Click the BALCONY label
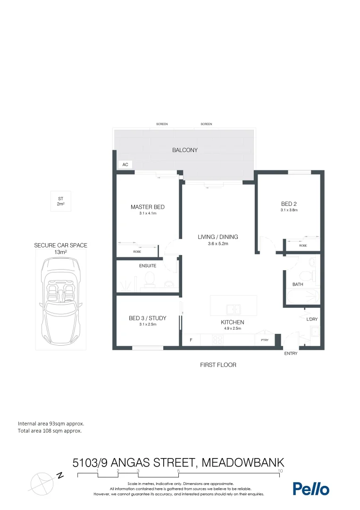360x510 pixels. [184, 150]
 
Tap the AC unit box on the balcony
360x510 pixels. [125, 165]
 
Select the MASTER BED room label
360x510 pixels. [147, 207]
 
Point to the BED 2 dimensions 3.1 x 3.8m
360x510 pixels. [289, 210]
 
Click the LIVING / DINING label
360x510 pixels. [218, 237]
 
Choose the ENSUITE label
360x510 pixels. [147, 266]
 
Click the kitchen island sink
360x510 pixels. [234, 310]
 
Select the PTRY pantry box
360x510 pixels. [261, 340]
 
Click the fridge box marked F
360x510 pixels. [191, 340]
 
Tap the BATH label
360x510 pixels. [298, 285]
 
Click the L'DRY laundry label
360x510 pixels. [312, 319]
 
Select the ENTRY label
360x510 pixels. [291, 354]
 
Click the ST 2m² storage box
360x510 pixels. [60, 201]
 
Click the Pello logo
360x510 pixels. [311, 489]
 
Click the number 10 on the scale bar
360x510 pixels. [280, 471]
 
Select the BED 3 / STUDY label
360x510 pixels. [147, 318]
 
